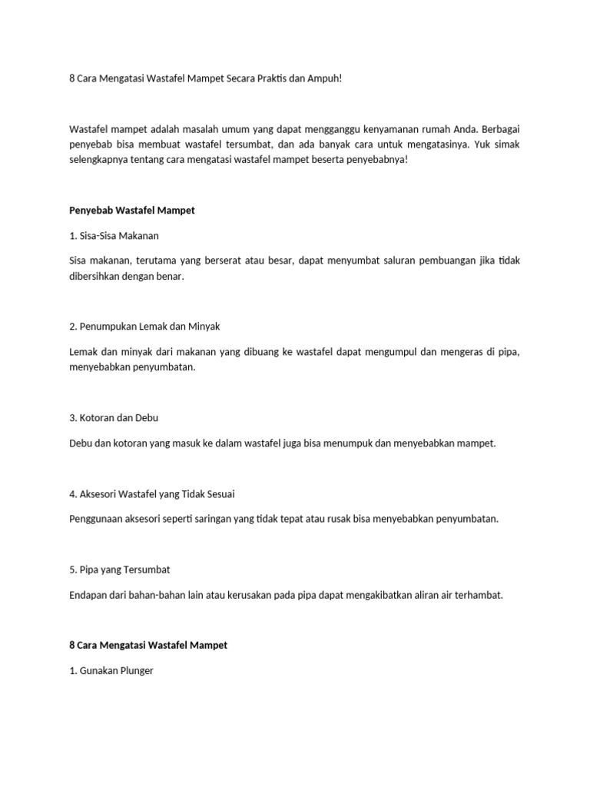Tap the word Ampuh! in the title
[x=322, y=79]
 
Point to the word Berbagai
[x=498, y=129]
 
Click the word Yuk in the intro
[x=462, y=144]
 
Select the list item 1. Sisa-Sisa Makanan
[x=114, y=235]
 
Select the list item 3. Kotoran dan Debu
[x=114, y=417]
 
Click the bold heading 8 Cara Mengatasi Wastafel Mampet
[x=148, y=645]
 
